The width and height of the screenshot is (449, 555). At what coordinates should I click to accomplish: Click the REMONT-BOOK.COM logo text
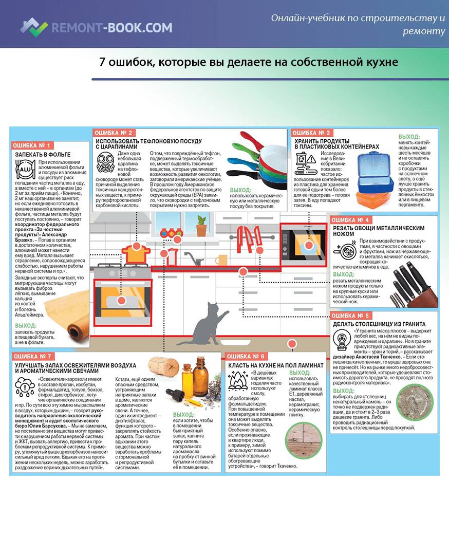[112, 28]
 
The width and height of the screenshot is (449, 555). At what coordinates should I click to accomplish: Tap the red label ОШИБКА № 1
[32, 145]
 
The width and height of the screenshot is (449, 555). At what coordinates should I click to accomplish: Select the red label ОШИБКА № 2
[114, 133]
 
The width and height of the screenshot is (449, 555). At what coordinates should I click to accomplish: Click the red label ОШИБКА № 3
[311, 133]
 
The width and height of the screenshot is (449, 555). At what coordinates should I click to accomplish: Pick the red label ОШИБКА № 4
[350, 220]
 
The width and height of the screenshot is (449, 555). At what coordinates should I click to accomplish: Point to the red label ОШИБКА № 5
[350, 316]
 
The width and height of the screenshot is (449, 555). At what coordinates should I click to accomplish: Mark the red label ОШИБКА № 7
[32, 357]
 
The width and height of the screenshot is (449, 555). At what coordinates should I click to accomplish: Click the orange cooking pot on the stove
[136, 253]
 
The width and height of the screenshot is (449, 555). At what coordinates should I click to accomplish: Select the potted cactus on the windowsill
[201, 226]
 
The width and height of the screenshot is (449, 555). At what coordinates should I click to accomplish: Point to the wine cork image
[163, 368]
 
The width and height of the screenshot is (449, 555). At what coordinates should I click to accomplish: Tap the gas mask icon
[105, 162]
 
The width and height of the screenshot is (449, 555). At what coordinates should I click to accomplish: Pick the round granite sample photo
[415, 402]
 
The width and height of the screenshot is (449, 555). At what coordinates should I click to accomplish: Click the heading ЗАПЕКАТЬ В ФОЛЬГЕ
[43, 155]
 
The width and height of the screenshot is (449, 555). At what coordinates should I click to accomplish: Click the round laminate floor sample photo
[304, 441]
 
